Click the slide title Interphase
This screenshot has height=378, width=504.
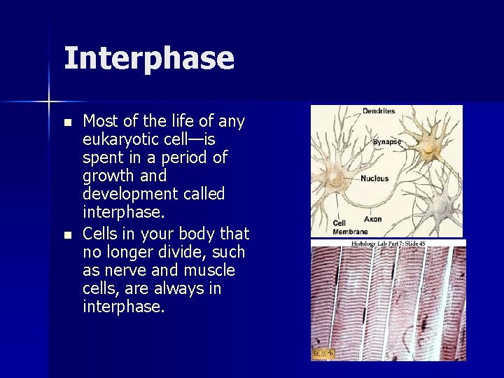point(148,58)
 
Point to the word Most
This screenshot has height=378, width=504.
point(99,121)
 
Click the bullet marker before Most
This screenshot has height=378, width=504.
point(67,122)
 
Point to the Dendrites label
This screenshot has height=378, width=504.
point(379,111)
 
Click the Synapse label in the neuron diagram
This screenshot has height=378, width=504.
point(387,141)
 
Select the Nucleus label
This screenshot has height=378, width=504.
point(374,178)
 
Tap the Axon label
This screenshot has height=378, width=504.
point(373,219)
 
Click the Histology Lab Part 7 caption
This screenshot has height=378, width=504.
point(388,244)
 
